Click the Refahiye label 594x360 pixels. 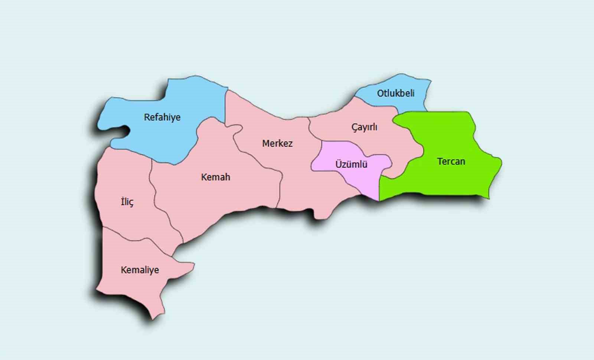162,117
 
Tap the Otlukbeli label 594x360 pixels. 396,93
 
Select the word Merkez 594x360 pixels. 277,143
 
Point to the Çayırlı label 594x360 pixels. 364,127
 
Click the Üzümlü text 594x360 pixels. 351,164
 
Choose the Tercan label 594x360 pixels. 451,161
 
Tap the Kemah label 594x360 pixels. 216,177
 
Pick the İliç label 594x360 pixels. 127,202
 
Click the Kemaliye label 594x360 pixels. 140,270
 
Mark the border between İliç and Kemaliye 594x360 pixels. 126,238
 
